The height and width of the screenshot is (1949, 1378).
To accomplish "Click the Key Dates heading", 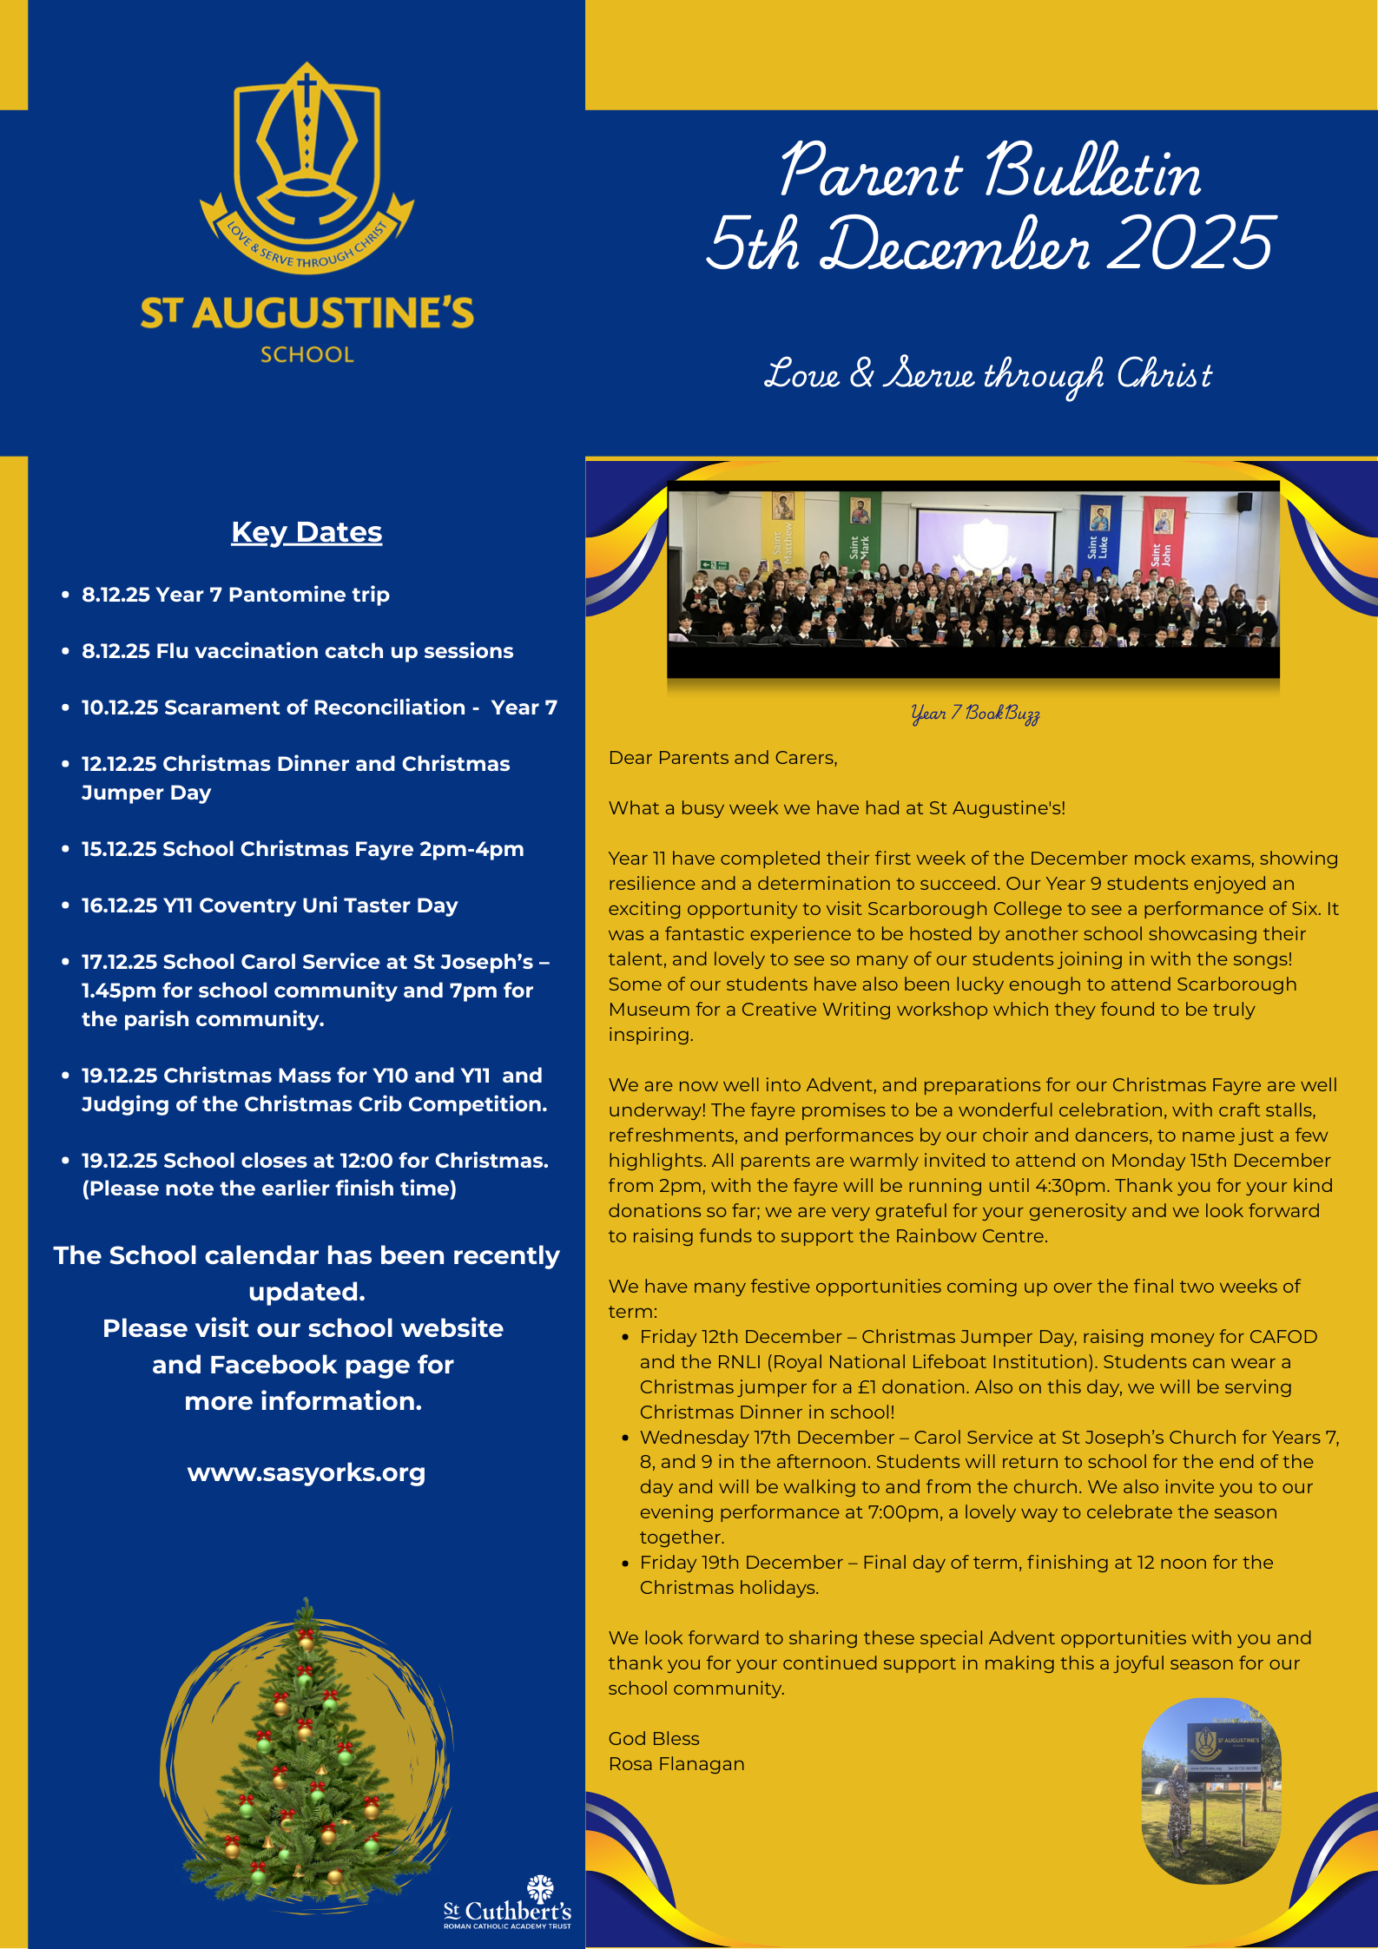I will [307, 532].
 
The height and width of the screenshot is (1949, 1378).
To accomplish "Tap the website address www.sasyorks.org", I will [307, 1472].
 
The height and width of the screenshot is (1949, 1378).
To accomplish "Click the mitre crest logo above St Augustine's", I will [307, 169].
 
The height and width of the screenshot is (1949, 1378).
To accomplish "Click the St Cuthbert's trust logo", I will [508, 1901].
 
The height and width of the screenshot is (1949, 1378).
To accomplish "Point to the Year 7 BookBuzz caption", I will [975, 714].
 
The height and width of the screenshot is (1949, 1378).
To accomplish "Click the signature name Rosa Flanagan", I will [676, 1763].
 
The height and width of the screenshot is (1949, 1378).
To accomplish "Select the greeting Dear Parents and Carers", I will [722, 758].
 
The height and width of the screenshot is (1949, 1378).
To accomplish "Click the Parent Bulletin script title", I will [990, 171].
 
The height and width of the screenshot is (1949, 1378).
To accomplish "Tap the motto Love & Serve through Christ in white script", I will [987, 375].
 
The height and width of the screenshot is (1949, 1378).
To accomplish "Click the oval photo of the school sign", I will [1211, 1790].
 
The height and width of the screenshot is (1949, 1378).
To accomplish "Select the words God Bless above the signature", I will [654, 1738].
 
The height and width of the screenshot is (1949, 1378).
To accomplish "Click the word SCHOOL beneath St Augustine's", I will [307, 354].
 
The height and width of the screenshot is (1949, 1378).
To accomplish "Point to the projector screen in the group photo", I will [986, 538].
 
